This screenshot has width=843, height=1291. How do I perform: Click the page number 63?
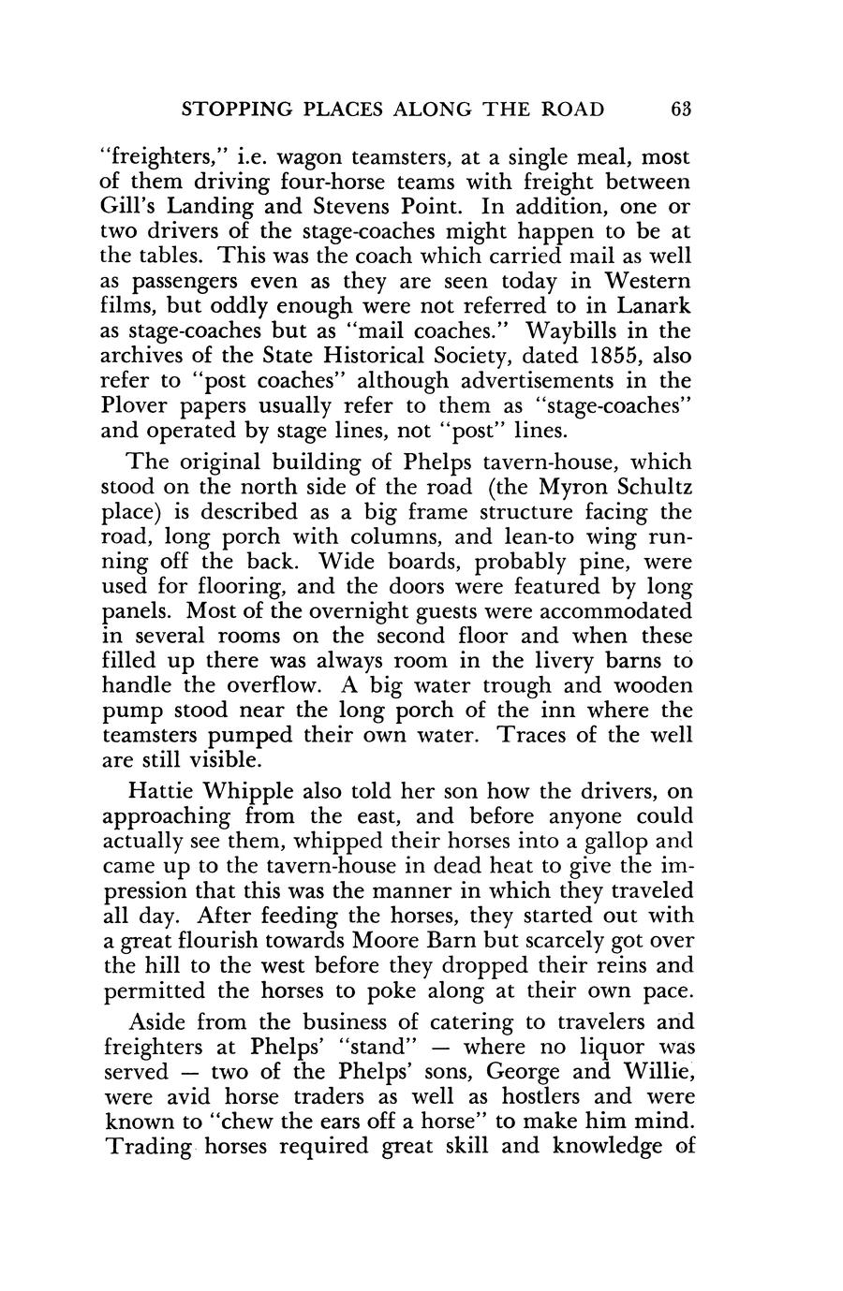point(681,110)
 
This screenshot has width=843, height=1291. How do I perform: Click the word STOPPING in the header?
point(242,110)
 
